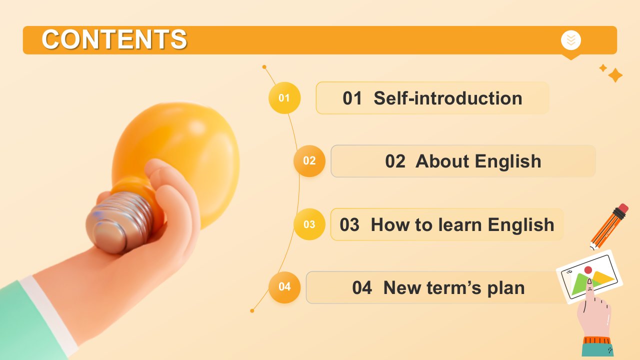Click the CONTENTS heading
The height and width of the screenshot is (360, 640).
114,39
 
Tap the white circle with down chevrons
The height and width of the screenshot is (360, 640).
571,40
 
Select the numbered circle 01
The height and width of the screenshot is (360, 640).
284,98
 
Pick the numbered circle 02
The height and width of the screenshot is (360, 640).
309,161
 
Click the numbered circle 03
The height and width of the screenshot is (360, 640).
309,224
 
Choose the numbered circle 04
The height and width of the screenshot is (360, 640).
284,287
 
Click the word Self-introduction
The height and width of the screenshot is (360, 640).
448,98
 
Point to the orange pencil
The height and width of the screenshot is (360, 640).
609,227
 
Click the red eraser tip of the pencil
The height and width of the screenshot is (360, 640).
623,208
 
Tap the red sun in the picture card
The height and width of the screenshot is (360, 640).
588,269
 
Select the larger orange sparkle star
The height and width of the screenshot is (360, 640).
615,75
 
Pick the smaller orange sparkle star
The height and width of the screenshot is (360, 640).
603,68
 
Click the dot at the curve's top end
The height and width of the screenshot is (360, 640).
264,67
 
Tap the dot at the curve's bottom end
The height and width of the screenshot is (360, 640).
252,311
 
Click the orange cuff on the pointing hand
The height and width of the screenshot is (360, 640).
597,340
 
